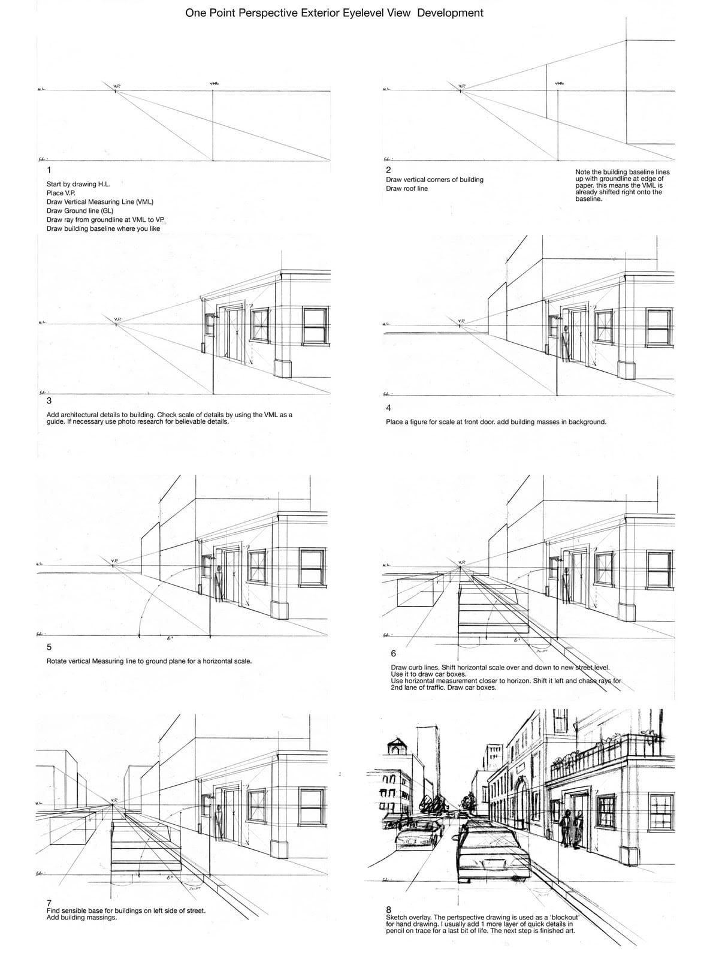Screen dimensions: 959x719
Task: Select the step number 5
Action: [x=49, y=647]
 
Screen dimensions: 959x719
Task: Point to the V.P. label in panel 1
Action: [x=117, y=86]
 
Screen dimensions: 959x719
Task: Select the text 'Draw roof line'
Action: [x=407, y=189]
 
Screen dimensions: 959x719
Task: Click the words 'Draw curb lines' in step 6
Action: [x=413, y=667]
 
